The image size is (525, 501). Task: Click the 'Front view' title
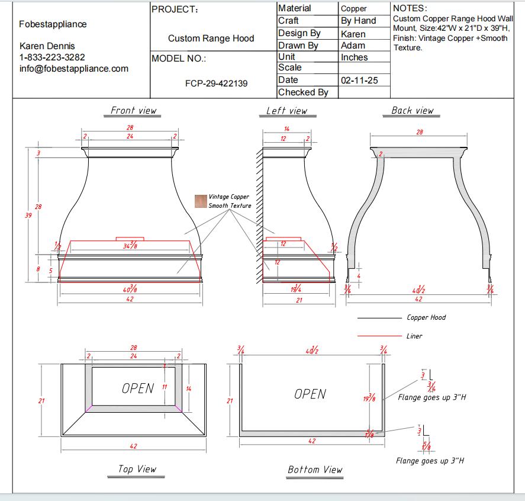click(x=133, y=111)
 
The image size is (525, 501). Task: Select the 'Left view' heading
click(x=286, y=111)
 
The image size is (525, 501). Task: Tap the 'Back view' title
click(x=413, y=111)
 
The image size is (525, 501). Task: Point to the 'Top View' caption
click(x=137, y=469)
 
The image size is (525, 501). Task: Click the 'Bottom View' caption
click(x=315, y=470)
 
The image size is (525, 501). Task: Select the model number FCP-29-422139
click(x=216, y=83)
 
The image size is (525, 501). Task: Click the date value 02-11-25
click(x=359, y=81)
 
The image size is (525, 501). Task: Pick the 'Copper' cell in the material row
click(x=353, y=9)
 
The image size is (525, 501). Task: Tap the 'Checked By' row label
click(x=303, y=92)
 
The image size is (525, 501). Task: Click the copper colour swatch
click(x=201, y=201)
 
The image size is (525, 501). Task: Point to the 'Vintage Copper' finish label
click(x=229, y=197)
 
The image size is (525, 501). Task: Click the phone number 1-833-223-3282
click(x=52, y=57)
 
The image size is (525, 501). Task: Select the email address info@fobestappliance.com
click(x=74, y=69)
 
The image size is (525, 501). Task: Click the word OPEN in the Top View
click(x=137, y=388)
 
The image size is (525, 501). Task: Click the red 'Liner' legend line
click(x=379, y=336)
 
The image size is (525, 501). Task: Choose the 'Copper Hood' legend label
click(x=426, y=317)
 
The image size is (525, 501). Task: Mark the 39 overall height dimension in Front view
click(x=28, y=216)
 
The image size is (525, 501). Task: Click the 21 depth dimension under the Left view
click(x=299, y=300)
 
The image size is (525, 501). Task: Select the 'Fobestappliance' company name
click(x=53, y=24)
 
